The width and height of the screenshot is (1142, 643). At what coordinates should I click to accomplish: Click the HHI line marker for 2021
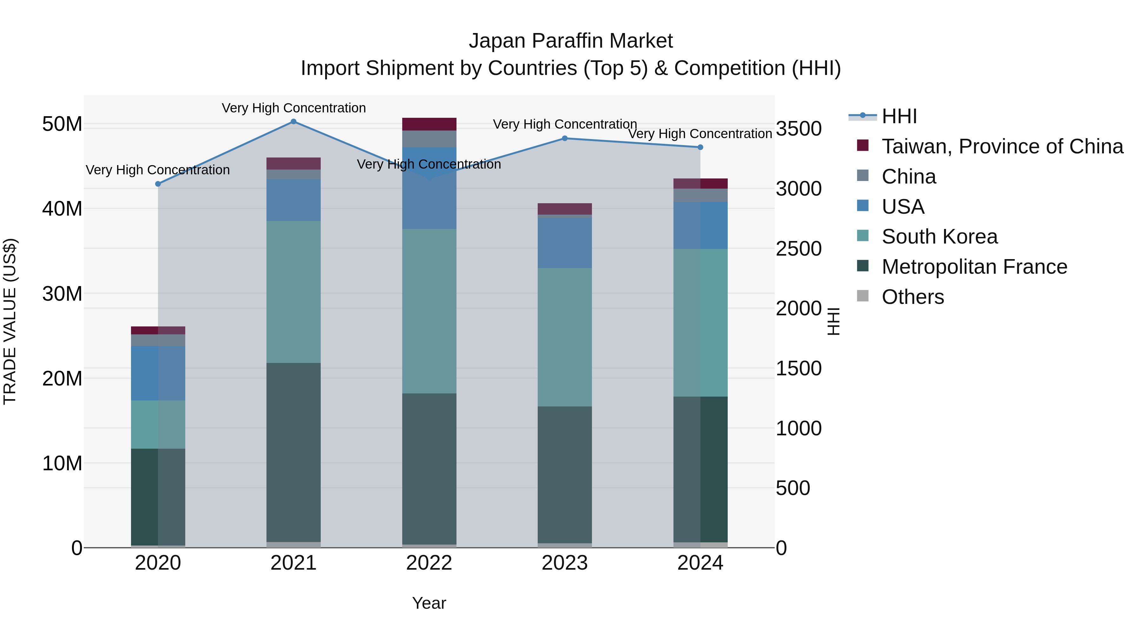point(293,122)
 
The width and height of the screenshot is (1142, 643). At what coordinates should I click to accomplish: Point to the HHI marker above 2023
point(565,138)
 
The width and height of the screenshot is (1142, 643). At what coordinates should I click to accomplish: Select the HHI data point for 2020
point(158,184)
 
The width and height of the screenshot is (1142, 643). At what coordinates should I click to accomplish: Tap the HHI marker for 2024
point(700,147)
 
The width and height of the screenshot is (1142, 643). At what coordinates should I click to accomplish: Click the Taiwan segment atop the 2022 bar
point(429,124)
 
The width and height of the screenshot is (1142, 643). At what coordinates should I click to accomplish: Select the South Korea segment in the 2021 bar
point(293,292)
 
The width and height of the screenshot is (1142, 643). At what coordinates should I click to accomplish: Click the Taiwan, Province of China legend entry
point(1002,146)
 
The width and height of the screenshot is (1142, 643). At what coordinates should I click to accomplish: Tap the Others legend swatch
point(863,296)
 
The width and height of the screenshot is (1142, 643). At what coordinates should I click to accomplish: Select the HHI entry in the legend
point(899,116)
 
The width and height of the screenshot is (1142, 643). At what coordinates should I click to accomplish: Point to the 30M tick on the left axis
point(62,294)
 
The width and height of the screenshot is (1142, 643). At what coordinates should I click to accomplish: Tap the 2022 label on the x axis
point(429,563)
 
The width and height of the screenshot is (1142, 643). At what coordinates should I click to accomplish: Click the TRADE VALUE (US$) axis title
point(10,321)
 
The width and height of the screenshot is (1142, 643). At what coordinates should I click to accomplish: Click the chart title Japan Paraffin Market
point(571,41)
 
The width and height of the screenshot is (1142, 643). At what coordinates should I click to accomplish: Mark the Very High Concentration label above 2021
point(293,108)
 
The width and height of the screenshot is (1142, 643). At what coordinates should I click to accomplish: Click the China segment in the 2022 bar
point(429,139)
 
